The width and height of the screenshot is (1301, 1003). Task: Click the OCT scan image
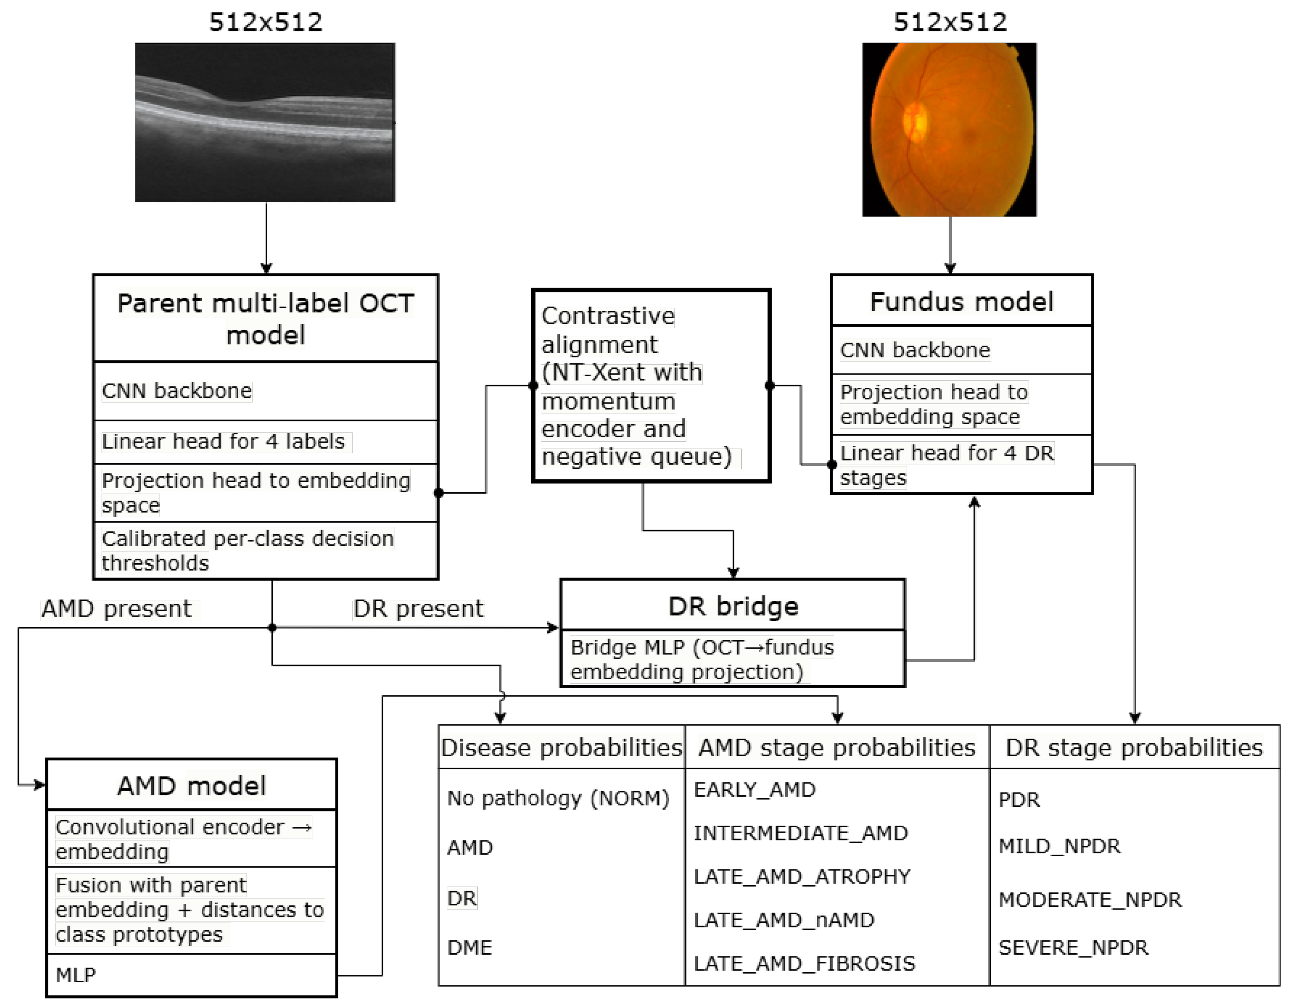pos(265,122)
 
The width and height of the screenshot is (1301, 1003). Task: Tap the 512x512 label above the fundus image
pos(950,23)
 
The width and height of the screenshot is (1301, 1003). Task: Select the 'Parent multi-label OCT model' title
pos(266,319)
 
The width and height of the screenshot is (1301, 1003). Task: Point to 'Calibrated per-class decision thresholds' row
pos(247,550)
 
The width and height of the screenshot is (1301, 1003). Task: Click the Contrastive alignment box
pos(651,386)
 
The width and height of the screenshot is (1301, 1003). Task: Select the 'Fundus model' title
pos(961,301)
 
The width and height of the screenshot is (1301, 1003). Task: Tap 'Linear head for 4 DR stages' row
pos(947,465)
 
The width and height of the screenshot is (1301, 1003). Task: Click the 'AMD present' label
pos(117,609)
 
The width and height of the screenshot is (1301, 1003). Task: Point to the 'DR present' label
pos(418,609)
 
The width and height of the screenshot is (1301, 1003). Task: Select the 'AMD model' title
pos(191,786)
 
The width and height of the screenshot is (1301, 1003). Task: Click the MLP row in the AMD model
pos(76,975)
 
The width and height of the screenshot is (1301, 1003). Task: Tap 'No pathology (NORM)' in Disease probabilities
pos(558,798)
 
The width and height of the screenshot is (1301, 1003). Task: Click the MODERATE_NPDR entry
pos(1090,899)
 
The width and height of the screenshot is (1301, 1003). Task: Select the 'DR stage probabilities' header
pos(1134,747)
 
